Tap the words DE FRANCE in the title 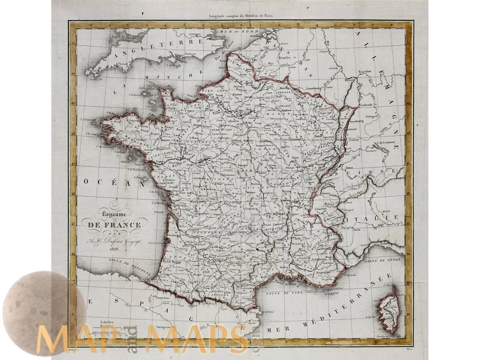114,225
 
